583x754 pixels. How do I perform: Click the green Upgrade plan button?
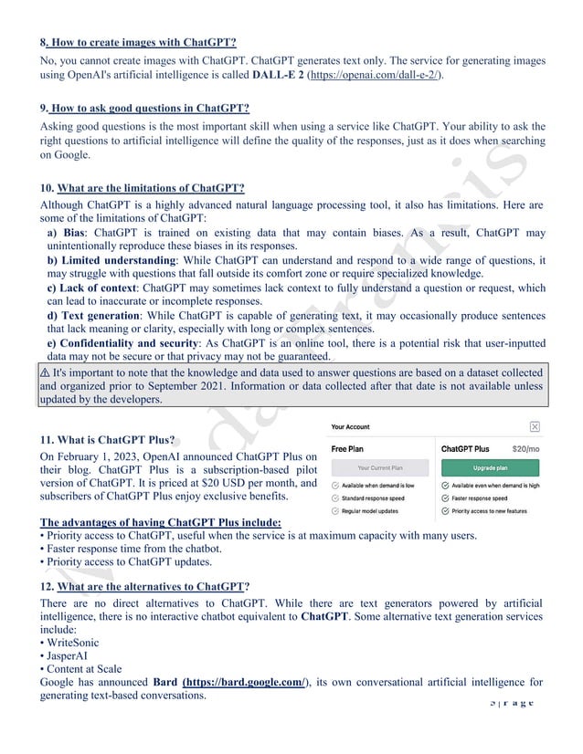(490, 466)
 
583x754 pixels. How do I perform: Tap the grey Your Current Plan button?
(376, 466)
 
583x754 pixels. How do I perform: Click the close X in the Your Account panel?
(535, 426)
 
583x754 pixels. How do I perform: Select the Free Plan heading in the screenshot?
(348, 449)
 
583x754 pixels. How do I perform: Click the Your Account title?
(350, 426)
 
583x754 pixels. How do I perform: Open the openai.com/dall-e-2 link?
(374, 75)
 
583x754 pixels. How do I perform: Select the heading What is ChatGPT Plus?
(112, 439)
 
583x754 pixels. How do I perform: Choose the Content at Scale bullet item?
(83, 669)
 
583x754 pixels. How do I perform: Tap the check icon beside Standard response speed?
(335, 499)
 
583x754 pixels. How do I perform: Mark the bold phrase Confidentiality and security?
(135, 343)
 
